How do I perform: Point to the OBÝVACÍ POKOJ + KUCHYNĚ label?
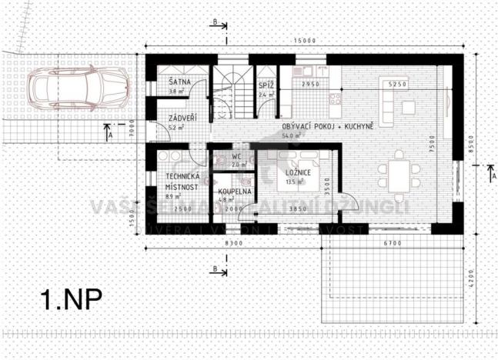coord(328,125)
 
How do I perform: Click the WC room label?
coord(236,156)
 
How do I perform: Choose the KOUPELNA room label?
coord(232,191)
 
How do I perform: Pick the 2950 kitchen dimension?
coord(311,83)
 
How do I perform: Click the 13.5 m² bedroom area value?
coord(293,183)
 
